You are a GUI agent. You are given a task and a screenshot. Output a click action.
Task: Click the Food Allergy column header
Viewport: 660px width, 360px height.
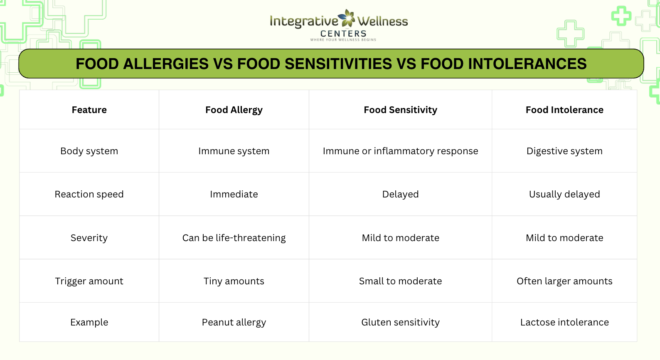[x=234, y=110]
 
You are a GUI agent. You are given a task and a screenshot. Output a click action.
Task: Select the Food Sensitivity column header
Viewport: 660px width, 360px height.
[x=400, y=110]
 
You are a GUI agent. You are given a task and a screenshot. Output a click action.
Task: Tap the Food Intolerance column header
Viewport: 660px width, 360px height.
[x=564, y=110]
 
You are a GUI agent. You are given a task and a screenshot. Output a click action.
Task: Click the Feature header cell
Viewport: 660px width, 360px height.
[x=89, y=110]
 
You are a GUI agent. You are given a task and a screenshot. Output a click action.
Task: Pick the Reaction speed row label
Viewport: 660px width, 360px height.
[x=89, y=194]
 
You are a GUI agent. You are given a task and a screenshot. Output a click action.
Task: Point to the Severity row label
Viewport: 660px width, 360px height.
[x=89, y=238]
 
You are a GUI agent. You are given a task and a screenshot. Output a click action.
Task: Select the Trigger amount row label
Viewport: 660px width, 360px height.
[x=89, y=281]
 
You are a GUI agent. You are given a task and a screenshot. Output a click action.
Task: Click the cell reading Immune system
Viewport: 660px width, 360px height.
[x=234, y=151]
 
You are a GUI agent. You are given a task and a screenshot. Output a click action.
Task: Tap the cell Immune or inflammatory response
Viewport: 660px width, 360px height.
[x=400, y=151]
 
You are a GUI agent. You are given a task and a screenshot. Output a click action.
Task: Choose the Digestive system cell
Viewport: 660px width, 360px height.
[x=564, y=151]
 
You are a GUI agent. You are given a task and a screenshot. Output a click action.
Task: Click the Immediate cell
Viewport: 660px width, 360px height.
[x=234, y=194]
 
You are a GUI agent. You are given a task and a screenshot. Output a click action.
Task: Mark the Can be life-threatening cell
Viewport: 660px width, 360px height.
[x=234, y=238]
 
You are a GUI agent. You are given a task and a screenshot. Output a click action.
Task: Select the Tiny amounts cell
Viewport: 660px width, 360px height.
[x=234, y=281]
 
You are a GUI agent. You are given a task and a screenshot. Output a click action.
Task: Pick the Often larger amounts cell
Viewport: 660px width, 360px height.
[x=564, y=281]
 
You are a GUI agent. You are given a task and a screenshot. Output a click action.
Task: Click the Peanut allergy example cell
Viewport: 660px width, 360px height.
[x=234, y=322]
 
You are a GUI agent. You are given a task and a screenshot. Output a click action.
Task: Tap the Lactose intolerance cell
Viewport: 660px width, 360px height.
[x=564, y=322]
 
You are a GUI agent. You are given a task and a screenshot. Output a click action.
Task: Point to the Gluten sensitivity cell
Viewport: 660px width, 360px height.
[x=400, y=322]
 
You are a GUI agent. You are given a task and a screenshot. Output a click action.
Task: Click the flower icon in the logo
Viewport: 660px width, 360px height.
[x=347, y=18]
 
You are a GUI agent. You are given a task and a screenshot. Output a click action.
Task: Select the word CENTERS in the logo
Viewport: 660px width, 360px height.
[x=343, y=33]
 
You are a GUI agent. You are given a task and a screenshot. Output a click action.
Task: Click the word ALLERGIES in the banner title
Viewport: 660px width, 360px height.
[x=166, y=64]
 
